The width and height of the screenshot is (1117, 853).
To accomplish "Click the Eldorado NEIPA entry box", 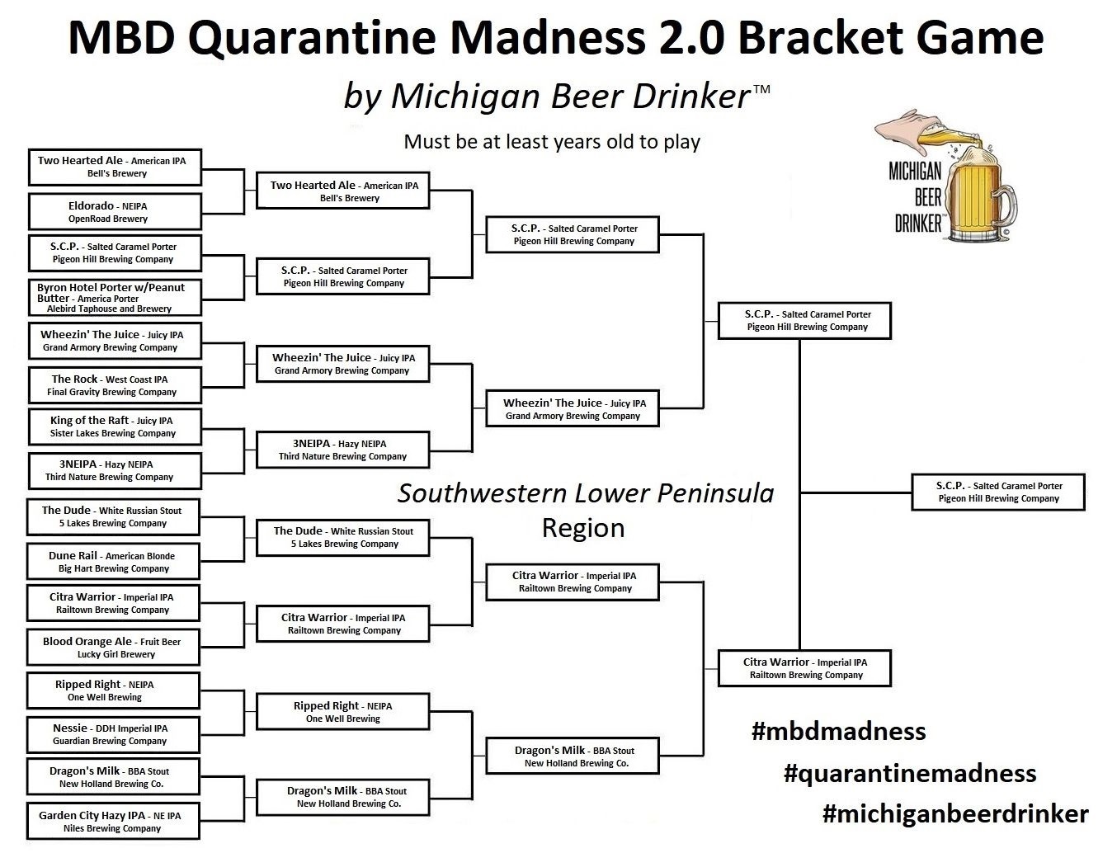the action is [x=115, y=211].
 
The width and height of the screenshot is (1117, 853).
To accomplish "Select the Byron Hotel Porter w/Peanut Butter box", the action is [x=115, y=298].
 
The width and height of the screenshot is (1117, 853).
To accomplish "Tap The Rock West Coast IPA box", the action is [x=115, y=385].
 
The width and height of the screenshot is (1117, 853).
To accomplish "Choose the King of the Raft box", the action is [x=115, y=426].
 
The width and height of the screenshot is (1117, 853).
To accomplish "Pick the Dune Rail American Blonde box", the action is [x=114, y=562].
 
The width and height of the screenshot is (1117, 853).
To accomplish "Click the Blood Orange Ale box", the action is [x=114, y=648].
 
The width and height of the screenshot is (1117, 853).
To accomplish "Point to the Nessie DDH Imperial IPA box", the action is [x=114, y=734].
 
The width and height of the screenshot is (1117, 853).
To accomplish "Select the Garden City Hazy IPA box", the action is [x=114, y=822].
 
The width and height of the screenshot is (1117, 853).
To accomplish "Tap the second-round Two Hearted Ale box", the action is [x=343, y=191].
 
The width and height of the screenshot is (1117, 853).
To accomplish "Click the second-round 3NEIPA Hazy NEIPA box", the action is [x=343, y=450].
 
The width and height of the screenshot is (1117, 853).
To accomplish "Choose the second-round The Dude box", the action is [x=343, y=538].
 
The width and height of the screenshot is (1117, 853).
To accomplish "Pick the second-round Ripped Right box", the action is [x=343, y=712].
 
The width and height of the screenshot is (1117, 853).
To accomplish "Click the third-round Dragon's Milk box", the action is [x=573, y=756].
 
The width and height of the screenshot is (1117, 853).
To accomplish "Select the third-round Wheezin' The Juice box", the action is [x=573, y=408].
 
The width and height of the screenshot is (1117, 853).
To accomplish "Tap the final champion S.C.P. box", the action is [x=998, y=492].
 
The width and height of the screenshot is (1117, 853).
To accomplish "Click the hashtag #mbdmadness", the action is [x=839, y=731].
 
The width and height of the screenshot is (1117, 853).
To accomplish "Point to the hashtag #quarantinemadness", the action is [x=910, y=774].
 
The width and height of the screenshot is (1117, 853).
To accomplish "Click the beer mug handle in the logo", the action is [x=1006, y=205].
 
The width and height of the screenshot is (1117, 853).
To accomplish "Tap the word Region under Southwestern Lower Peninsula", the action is [x=583, y=528].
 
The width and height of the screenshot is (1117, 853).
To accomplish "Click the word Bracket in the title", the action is [x=820, y=38].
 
